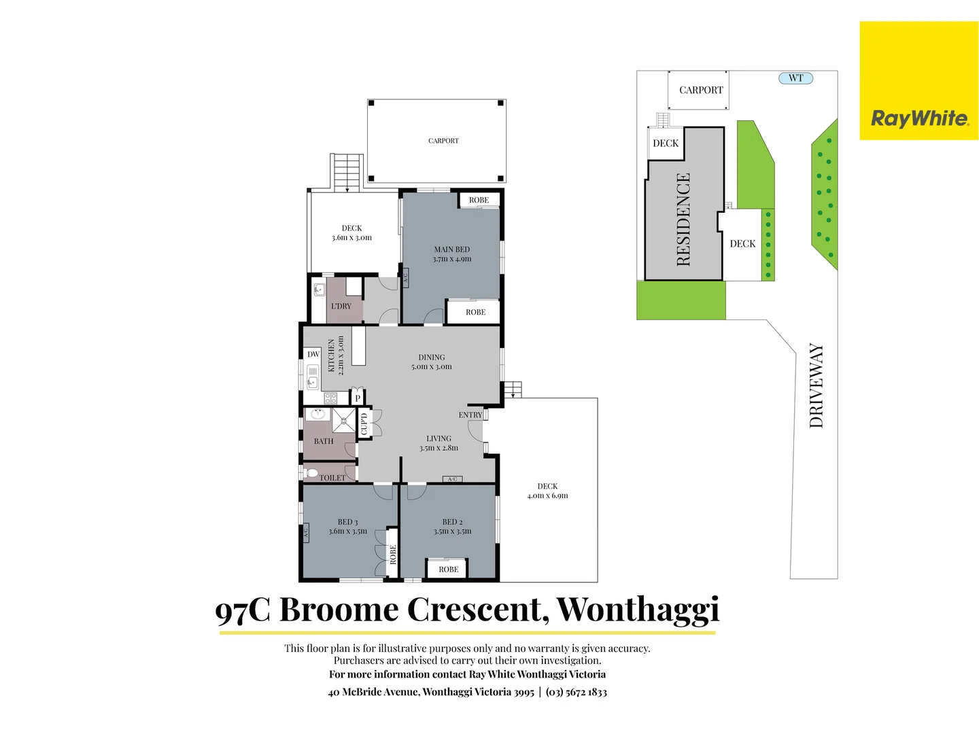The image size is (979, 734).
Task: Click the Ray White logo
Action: (919, 119)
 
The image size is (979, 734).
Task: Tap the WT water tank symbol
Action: (795, 78)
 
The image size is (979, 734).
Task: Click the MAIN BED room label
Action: (452, 249)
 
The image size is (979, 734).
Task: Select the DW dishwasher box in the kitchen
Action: (313, 354)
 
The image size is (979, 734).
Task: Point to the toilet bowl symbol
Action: (311, 472)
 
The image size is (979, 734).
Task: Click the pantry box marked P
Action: (358, 398)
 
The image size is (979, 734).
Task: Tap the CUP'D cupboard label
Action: (364, 424)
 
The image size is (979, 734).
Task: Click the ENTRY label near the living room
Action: (470, 415)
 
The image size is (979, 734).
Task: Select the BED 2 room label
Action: (452, 522)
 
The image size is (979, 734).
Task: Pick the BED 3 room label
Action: (347, 522)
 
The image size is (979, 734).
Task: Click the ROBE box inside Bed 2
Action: (448, 570)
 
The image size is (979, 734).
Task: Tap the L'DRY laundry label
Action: (341, 306)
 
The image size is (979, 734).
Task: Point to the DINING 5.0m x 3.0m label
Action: (432, 362)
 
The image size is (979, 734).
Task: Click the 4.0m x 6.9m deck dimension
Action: (547, 496)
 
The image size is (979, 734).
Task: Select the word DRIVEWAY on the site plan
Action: (817, 385)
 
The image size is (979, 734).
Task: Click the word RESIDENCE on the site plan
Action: (683, 219)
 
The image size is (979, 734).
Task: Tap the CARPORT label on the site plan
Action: (701, 90)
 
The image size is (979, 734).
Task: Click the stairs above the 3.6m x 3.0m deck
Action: (347, 172)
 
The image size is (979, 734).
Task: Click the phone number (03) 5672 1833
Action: (576, 692)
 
